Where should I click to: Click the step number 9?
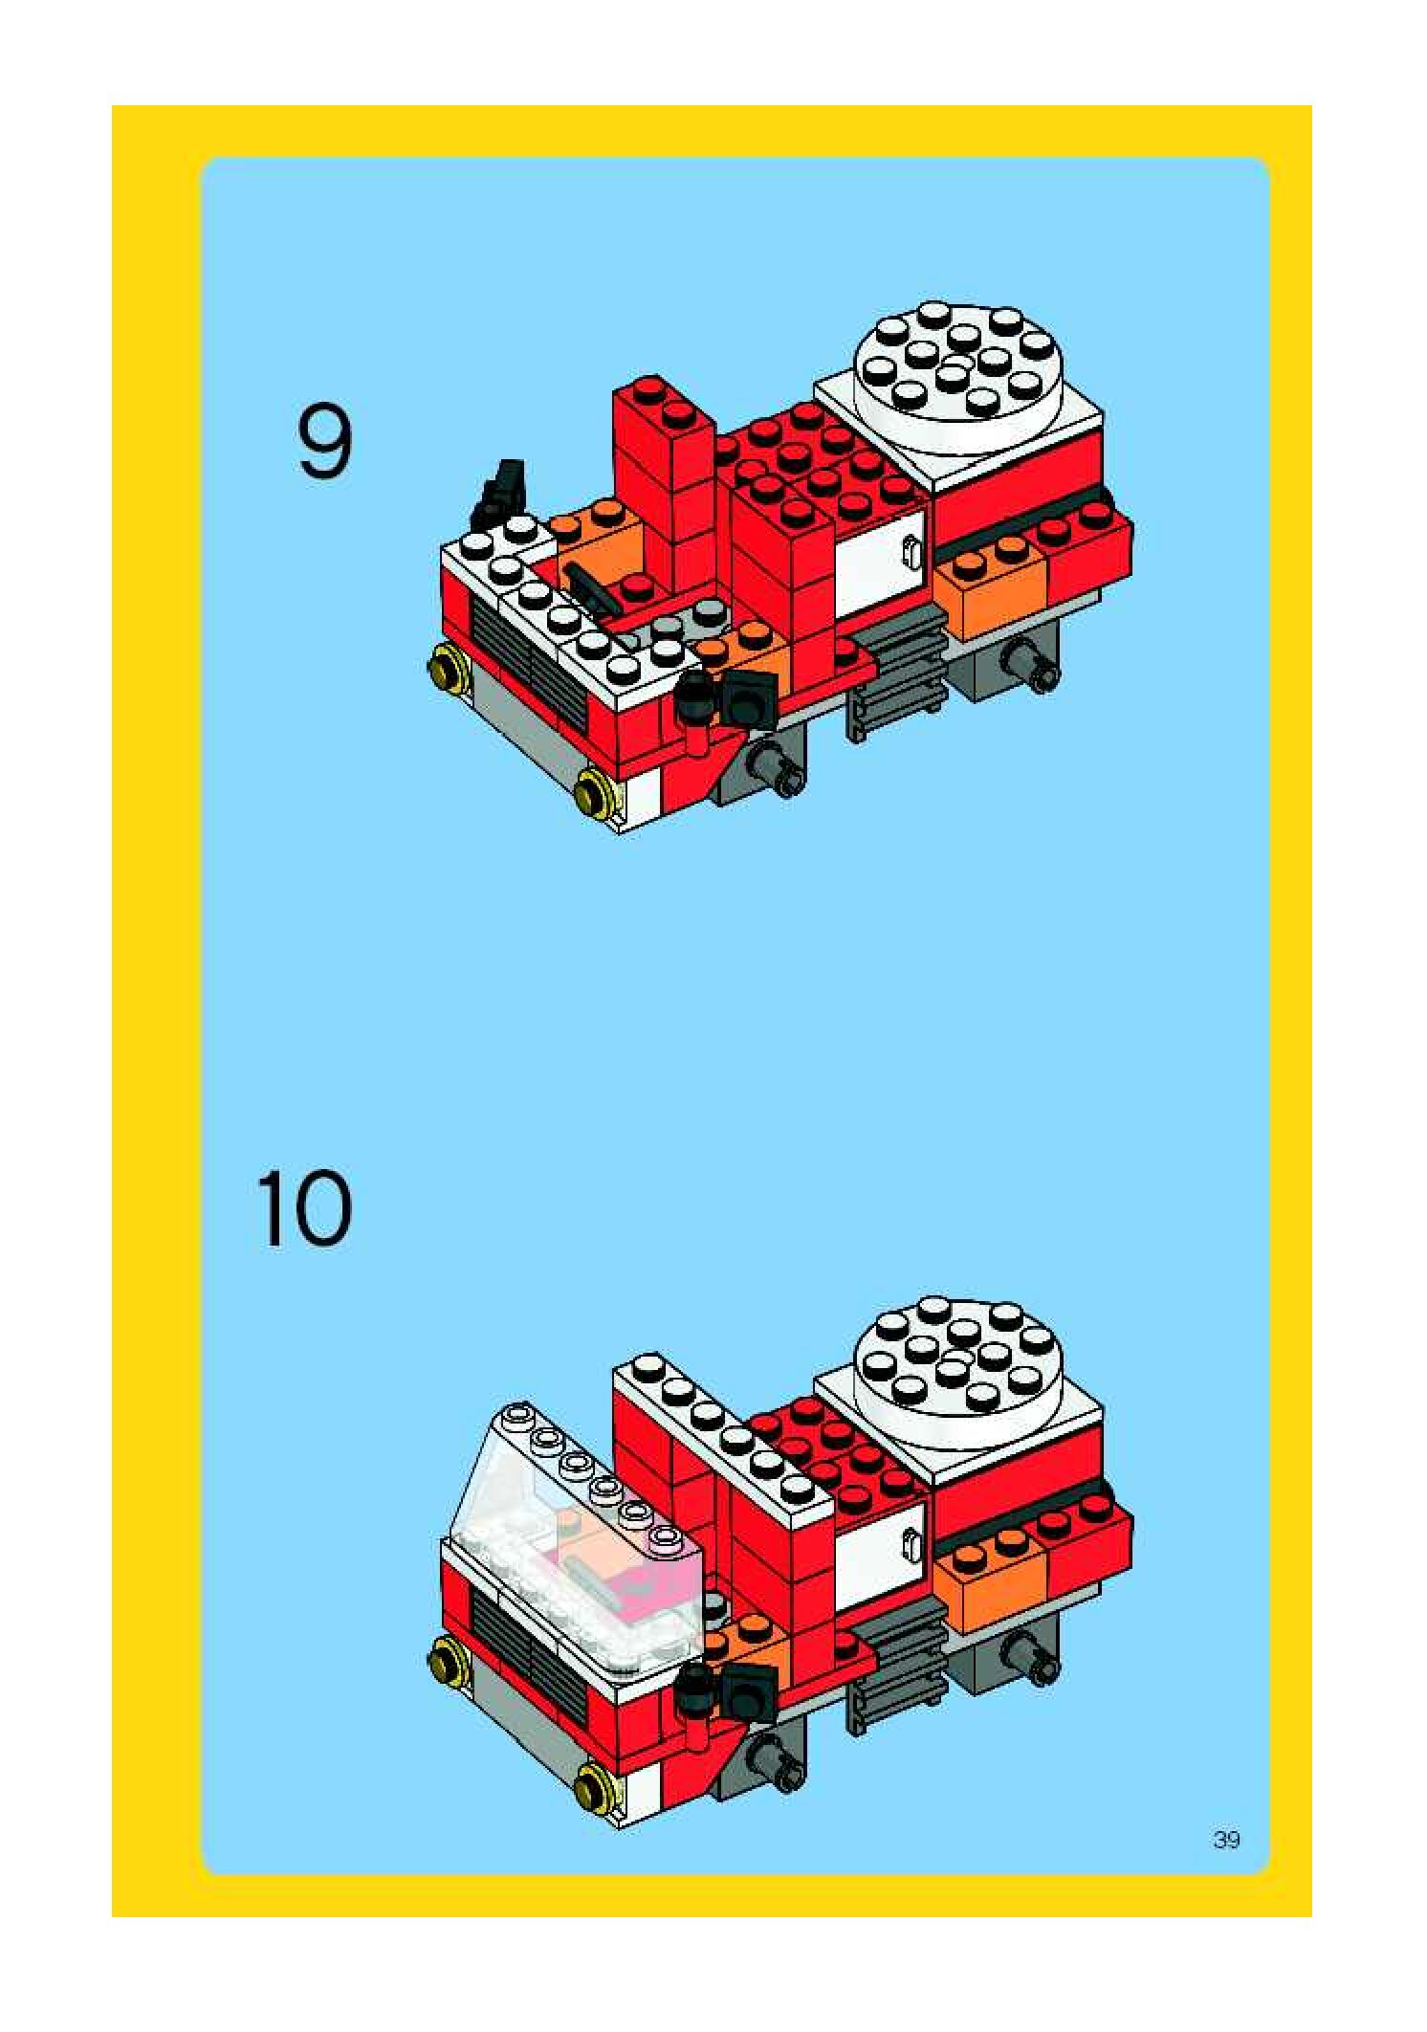[324, 442]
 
